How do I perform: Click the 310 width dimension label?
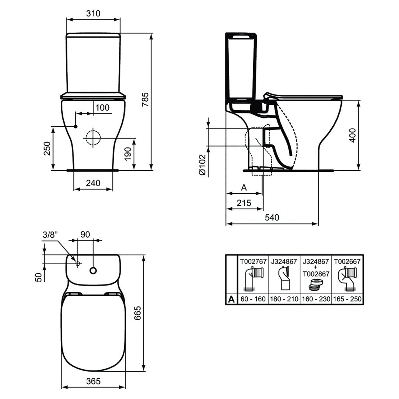93,13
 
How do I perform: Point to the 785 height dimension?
145,99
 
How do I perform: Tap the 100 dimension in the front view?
102,108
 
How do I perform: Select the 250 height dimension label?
47,148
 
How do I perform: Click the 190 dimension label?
128,154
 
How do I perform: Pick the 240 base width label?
93,183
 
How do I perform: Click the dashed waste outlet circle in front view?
93,138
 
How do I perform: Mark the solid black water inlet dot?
76,127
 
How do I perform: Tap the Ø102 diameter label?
203,165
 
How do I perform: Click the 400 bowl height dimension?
352,135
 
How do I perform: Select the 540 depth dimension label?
272,217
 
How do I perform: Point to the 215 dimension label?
244,203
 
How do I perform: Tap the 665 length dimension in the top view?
138,313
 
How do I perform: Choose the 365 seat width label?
93,381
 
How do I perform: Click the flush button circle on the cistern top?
93,270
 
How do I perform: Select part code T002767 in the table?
253,261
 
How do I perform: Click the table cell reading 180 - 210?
284,299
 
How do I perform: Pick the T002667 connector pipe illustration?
347,279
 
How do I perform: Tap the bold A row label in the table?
231,299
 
